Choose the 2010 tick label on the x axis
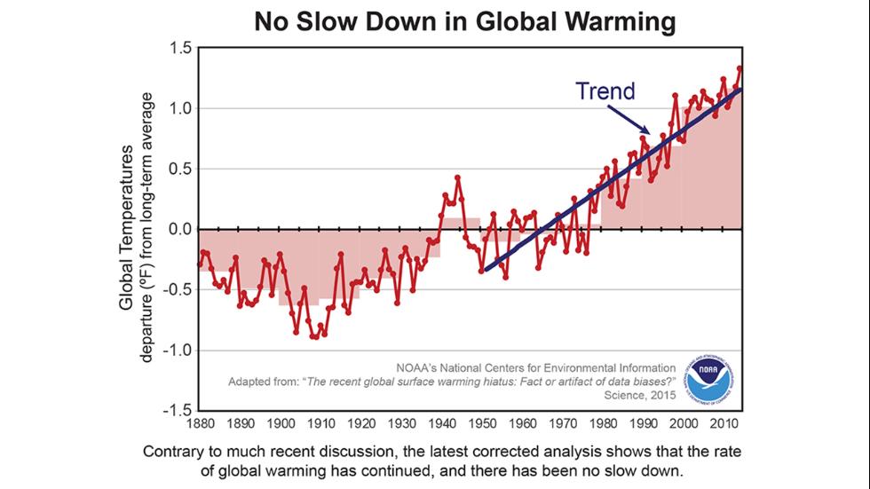pos(724,423)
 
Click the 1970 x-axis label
pos(562,423)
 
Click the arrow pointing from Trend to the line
pos(628,119)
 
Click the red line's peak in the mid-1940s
pos(457,177)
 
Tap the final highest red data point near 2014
pos(740,68)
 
